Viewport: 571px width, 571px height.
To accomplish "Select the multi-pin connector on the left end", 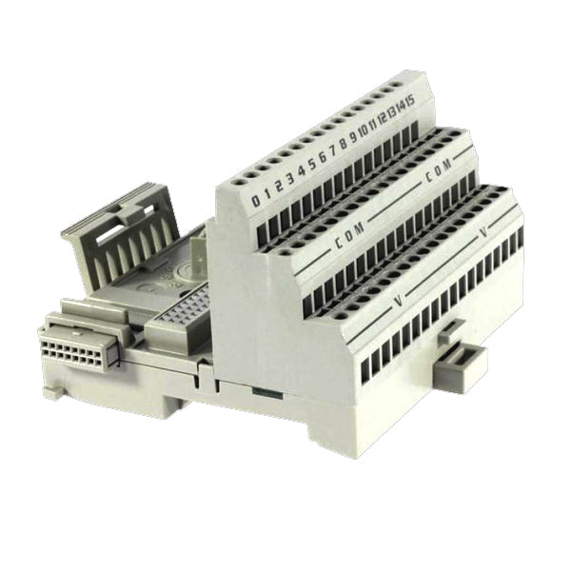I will (76, 347).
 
